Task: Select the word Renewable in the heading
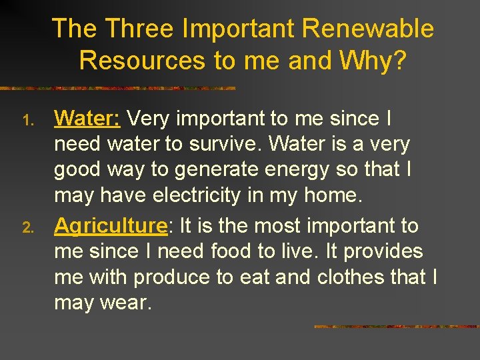tap(368, 29)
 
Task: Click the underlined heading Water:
tap(87, 119)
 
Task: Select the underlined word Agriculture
tap(110, 226)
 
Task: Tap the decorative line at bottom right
tap(396, 327)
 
